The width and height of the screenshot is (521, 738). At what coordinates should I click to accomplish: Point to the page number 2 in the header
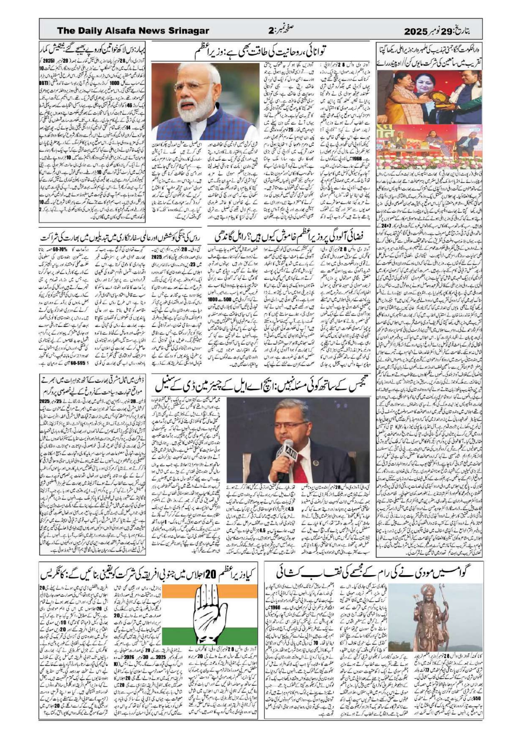click(270, 31)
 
